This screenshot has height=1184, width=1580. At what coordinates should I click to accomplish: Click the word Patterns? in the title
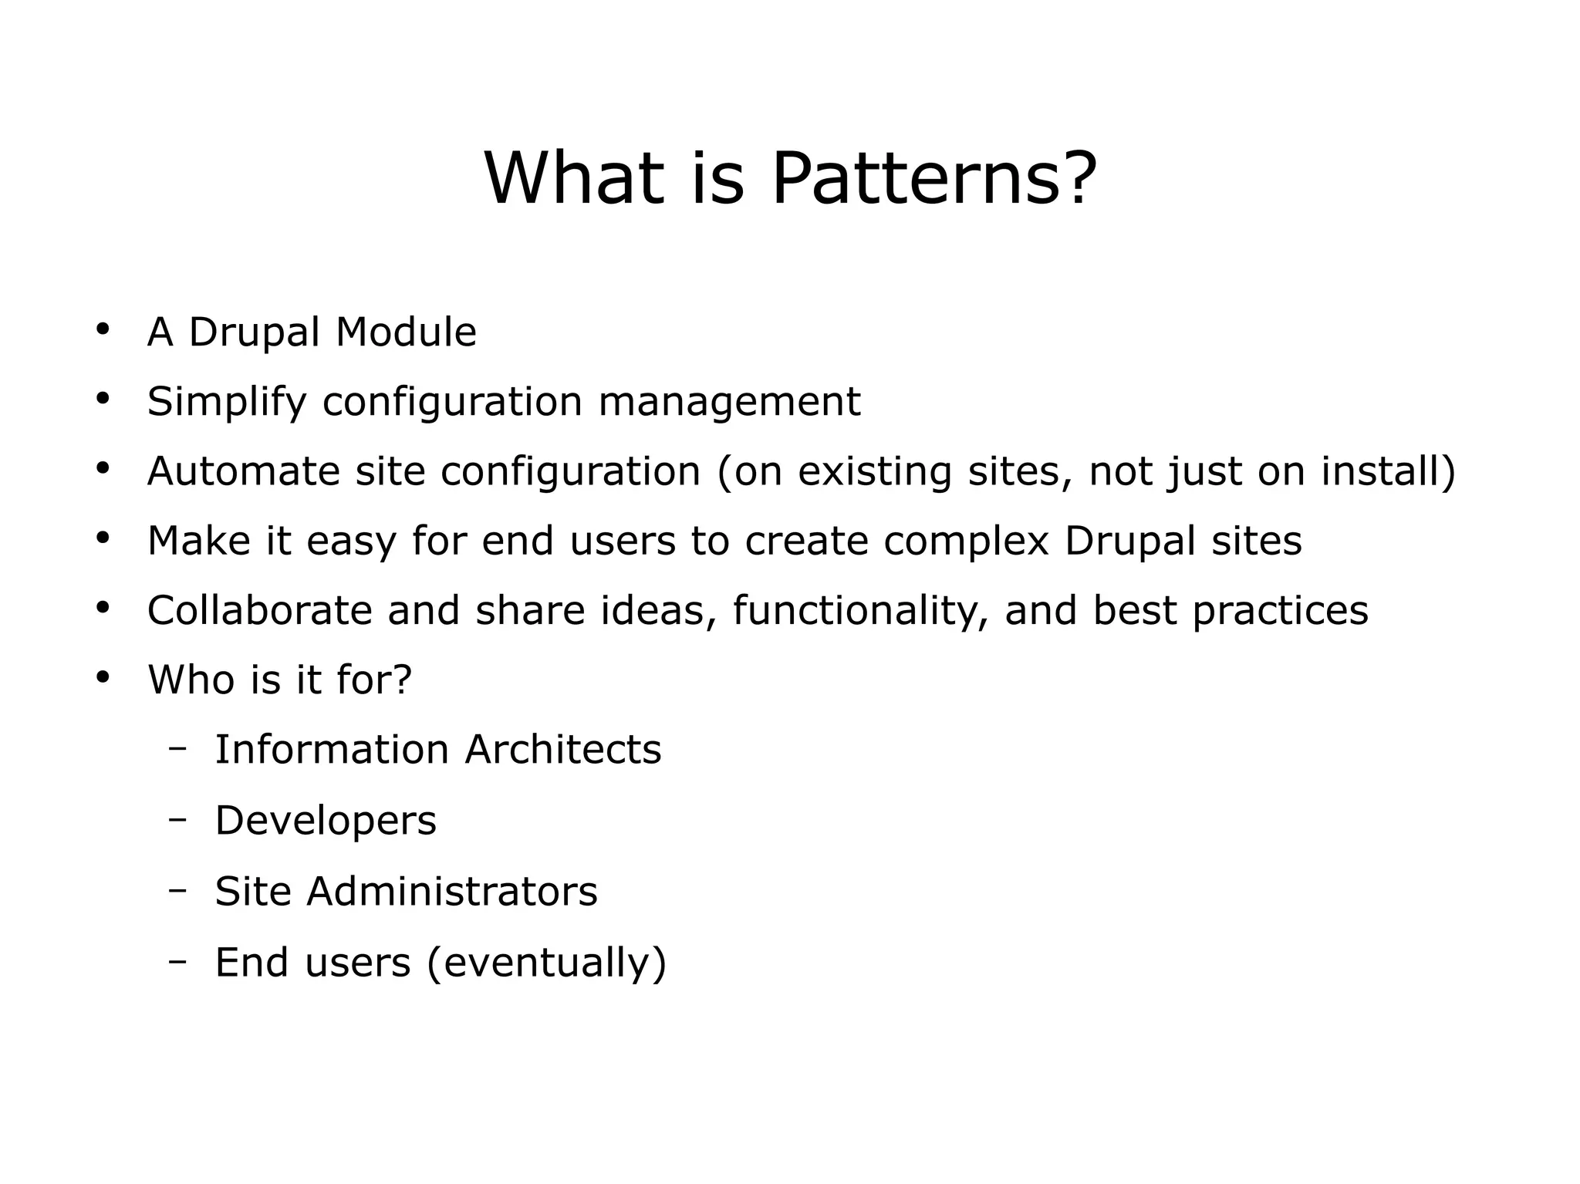coord(933,179)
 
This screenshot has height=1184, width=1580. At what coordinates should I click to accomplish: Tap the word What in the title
coord(574,179)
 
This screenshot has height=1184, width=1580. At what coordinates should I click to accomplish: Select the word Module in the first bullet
coord(406,332)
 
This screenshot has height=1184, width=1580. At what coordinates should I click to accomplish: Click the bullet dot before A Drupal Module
coord(103,329)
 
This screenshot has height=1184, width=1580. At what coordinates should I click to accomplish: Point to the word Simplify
coord(227,402)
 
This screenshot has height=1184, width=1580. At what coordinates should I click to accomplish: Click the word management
coord(729,402)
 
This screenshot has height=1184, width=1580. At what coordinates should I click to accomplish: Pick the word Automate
coord(243,471)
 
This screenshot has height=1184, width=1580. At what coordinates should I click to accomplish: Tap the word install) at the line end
coord(1388,471)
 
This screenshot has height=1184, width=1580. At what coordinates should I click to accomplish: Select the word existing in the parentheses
coord(874,471)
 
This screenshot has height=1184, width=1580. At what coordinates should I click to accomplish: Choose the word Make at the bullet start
coord(198,541)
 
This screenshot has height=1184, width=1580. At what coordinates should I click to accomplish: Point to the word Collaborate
coord(260,610)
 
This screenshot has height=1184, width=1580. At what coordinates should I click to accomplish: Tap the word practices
coord(1280,610)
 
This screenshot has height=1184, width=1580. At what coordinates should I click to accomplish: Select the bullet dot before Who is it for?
coord(103,677)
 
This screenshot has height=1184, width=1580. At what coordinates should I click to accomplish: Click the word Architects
coord(563,750)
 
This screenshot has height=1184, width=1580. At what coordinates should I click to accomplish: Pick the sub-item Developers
coord(326,821)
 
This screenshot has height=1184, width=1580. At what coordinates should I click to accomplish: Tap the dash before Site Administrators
coord(178,889)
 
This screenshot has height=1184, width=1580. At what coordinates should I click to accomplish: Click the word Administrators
coord(451,892)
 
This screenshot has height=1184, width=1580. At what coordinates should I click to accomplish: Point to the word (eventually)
coord(546,963)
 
